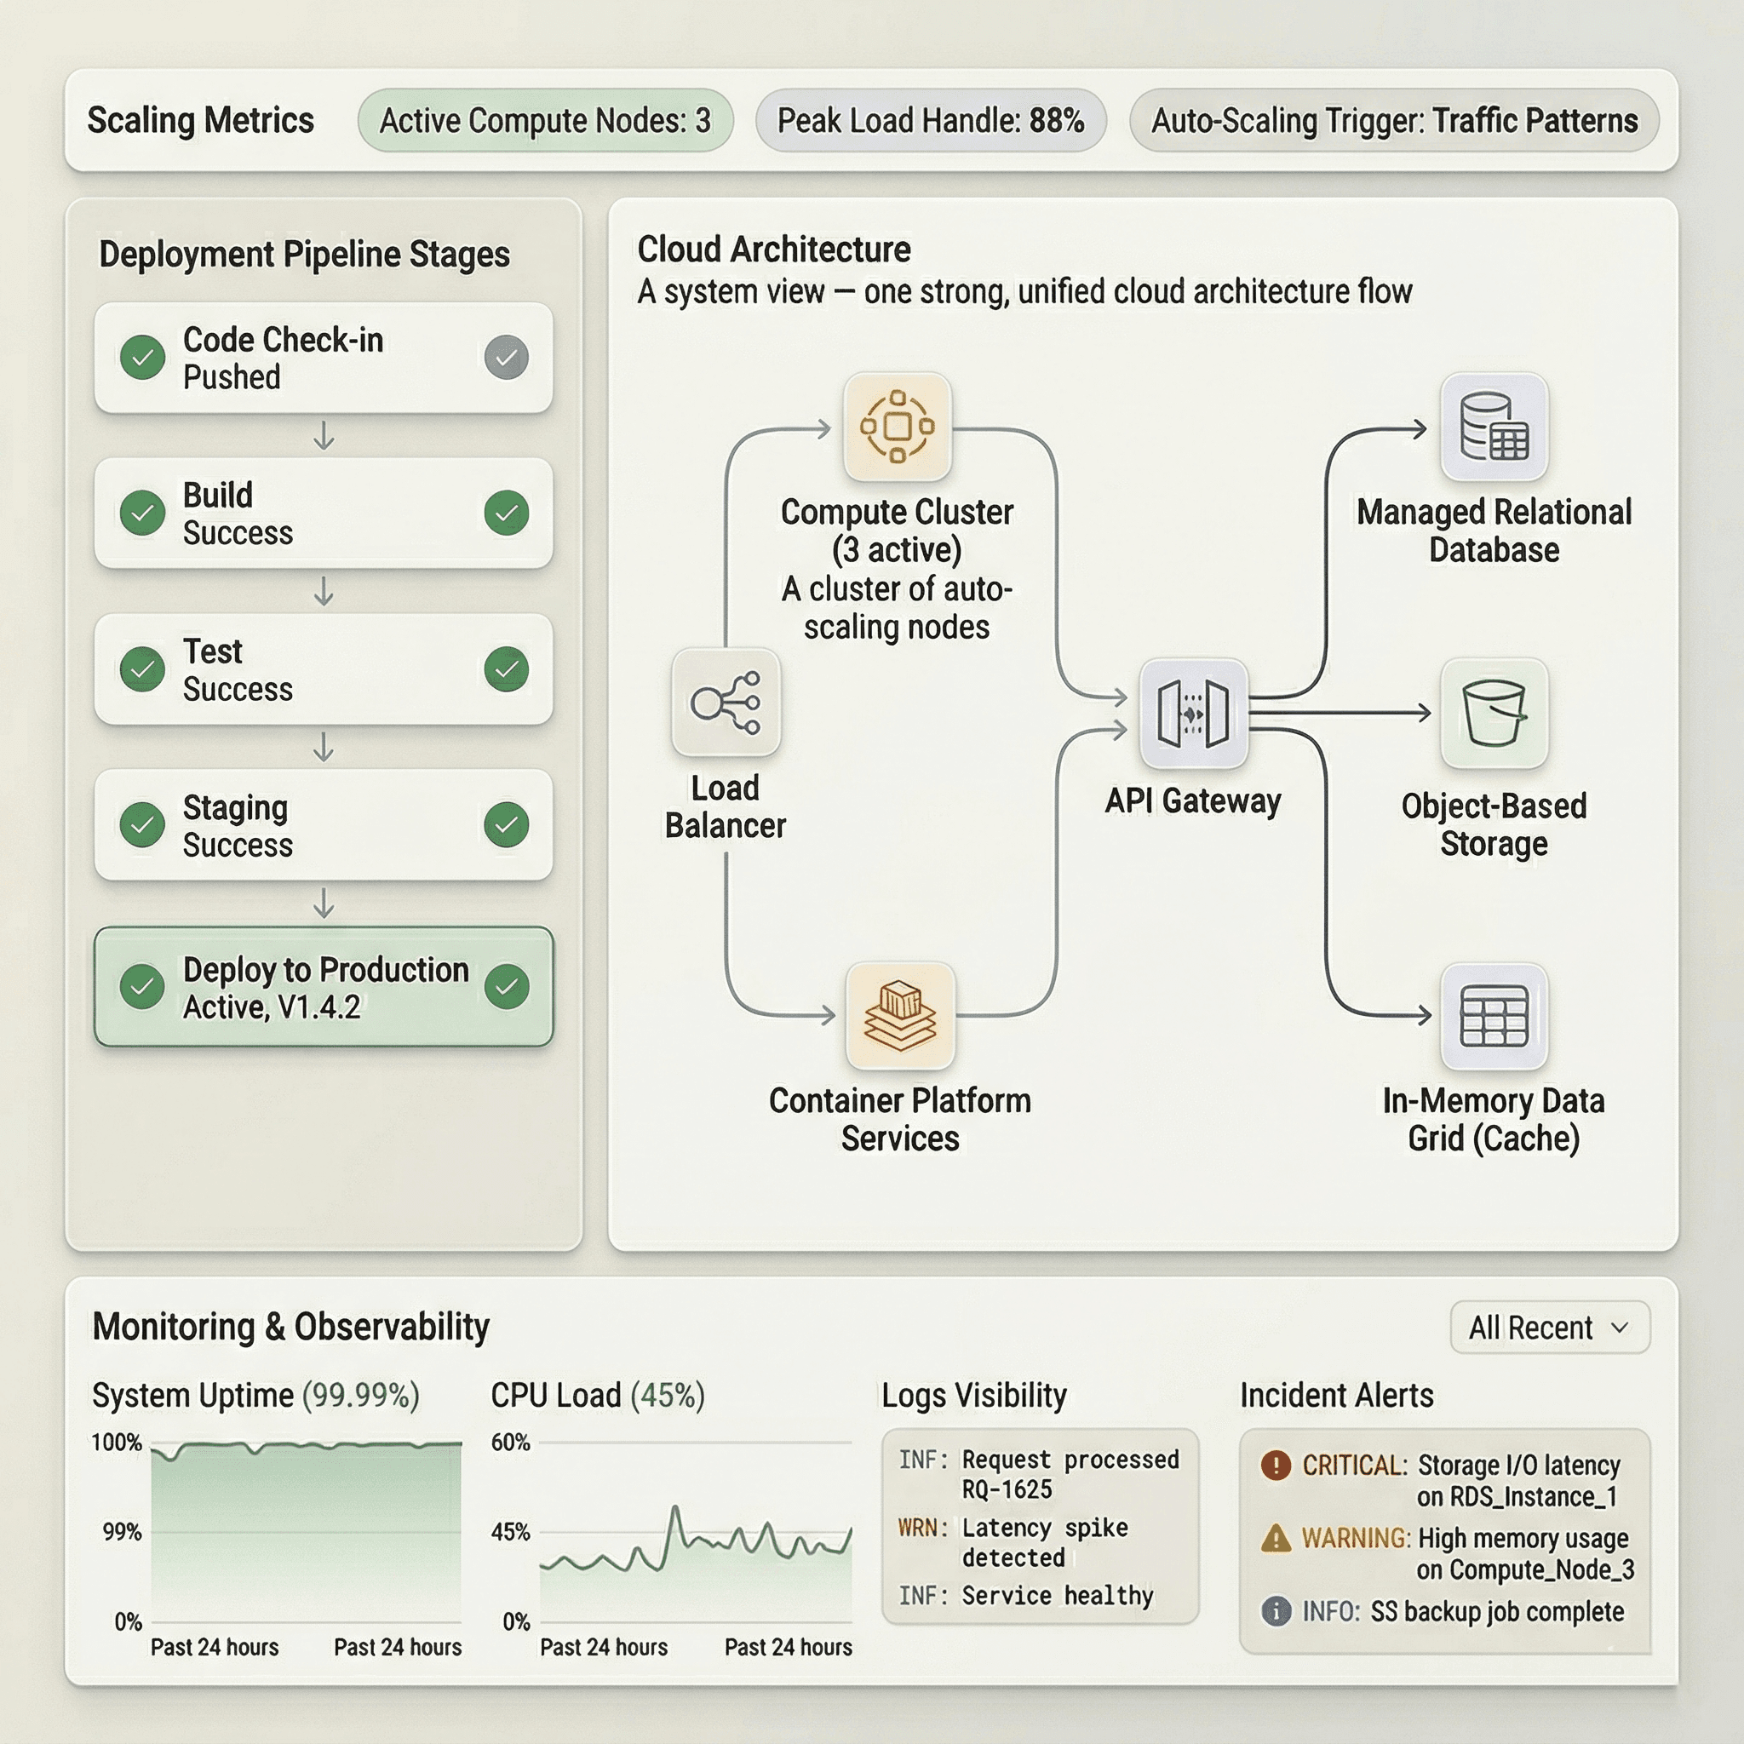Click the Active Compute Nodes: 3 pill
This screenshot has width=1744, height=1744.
pos(544,120)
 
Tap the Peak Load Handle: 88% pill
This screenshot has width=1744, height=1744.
pos(930,120)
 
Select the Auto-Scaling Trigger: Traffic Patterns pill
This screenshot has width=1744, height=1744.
pos(1394,120)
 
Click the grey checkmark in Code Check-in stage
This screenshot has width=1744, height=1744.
pos(507,358)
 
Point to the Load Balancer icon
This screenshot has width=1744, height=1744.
pos(726,703)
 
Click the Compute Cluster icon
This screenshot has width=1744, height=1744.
pos(897,427)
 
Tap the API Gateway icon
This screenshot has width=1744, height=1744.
pos(1192,714)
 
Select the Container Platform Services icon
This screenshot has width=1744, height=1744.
pos(900,1017)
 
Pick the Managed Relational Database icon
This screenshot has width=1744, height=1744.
pos(1494,427)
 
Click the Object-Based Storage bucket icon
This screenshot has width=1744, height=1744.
pos(1494,713)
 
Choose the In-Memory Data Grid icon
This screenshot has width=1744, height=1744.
pos(1494,1017)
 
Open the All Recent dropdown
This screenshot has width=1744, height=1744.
pos(1549,1328)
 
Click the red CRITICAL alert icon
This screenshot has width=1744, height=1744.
pos(1276,1464)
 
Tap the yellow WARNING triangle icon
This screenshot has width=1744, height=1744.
pos(1276,1537)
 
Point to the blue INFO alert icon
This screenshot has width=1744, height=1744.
pos(1276,1611)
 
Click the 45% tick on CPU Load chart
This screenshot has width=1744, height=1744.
pos(511,1532)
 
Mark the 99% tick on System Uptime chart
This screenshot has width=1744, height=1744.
pos(122,1532)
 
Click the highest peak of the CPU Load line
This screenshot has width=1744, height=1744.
pos(674,1508)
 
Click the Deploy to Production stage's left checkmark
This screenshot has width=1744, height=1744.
pos(142,987)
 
